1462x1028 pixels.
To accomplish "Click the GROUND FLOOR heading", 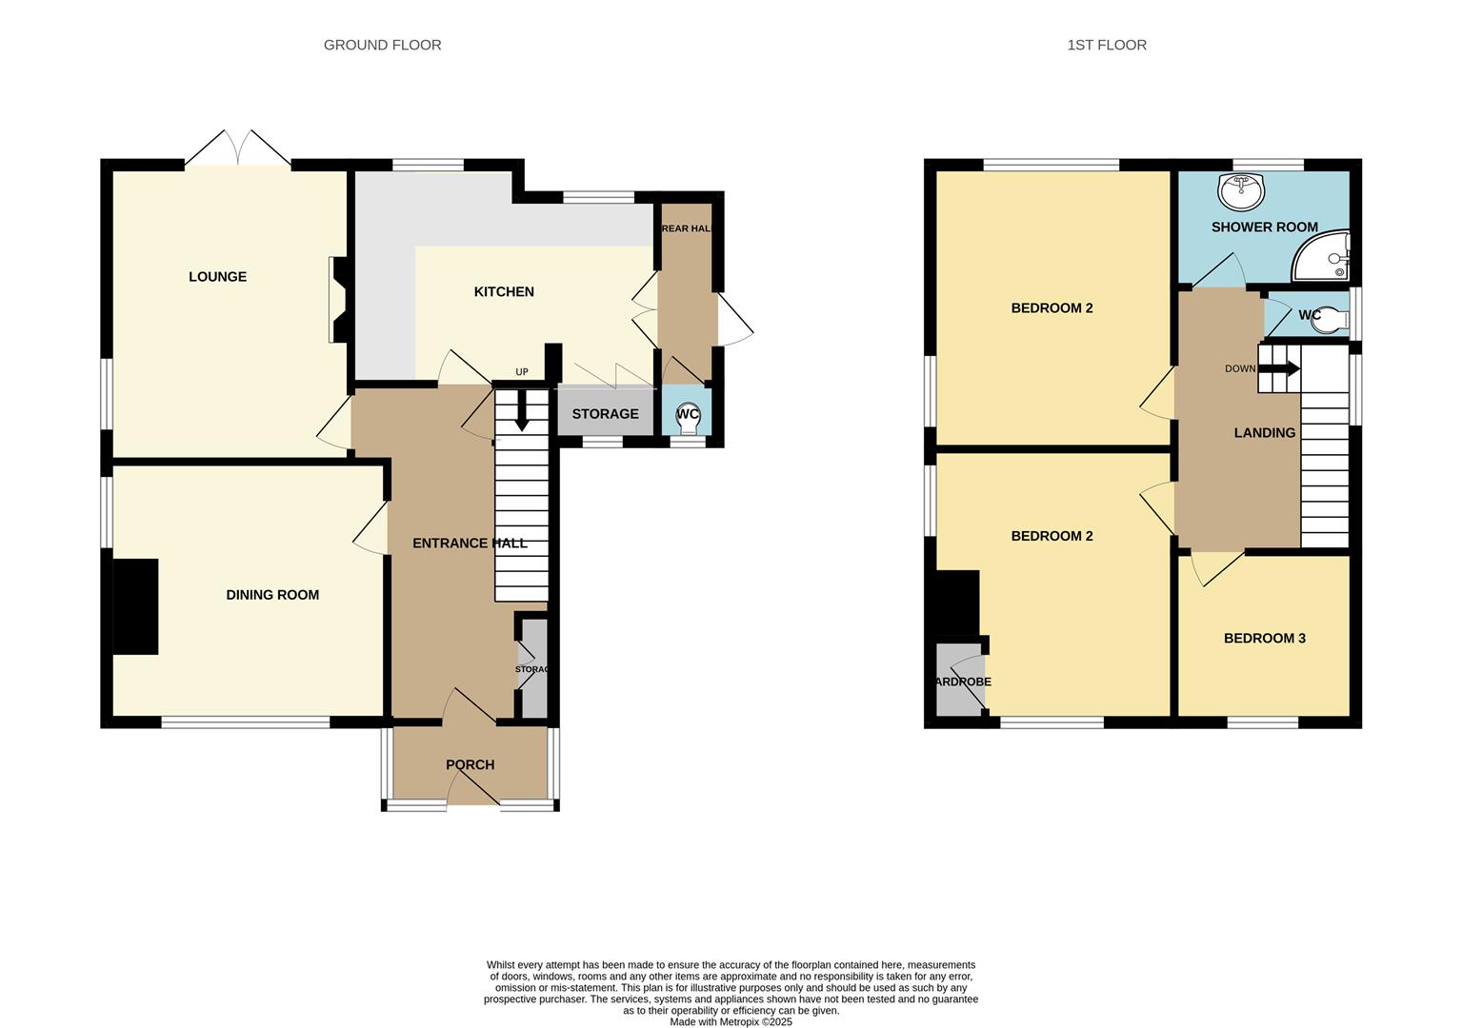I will pos(382,45).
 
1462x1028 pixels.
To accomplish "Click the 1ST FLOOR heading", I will pos(1106,45).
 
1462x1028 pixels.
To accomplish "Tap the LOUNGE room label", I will pos(217,277).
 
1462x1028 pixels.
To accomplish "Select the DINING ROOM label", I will pos(272,595).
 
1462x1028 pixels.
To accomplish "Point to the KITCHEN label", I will pos(504,292).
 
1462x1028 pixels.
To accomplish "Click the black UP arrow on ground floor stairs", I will pos(521,412).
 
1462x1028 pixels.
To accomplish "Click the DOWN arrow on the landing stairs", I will pos(1280,368).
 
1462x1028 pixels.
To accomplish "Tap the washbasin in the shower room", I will pos(1241,191).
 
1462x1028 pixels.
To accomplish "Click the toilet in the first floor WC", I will pos(1329,322).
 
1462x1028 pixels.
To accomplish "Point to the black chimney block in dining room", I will pos(135,606).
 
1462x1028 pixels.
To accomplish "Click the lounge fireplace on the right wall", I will pos(338,300).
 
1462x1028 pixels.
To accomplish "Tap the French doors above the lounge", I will pos(238,149).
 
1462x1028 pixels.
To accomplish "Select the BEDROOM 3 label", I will pos(1264,639).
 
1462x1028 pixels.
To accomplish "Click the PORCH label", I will pos(470,765).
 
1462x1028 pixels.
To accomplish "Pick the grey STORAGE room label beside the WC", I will pos(605,414).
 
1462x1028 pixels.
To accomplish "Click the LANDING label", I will pos(1264,433).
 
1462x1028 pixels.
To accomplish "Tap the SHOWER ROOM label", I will pos(1264,227).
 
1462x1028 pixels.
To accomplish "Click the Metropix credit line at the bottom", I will pos(731,1022).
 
